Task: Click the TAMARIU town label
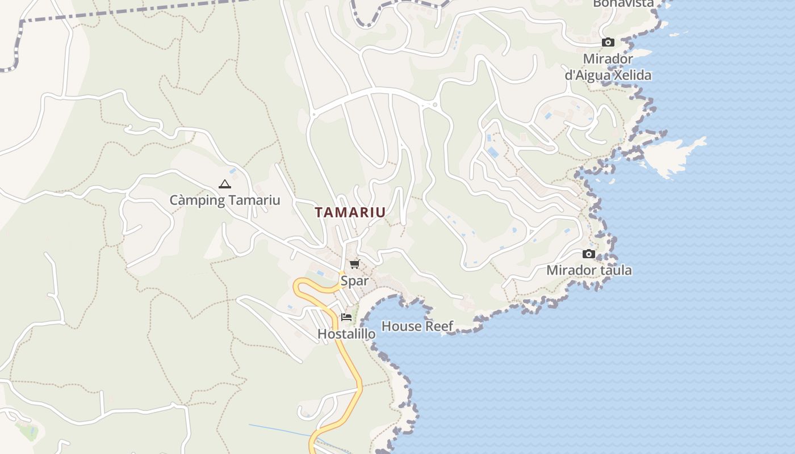(350, 212)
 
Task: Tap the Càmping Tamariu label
(225, 200)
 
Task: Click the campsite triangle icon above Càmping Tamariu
(225, 184)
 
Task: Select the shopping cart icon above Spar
(355, 264)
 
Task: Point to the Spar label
(354, 280)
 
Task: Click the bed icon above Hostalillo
(346, 317)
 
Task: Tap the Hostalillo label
(346, 334)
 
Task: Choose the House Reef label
(417, 326)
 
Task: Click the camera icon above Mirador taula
(589, 254)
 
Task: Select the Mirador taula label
(589, 270)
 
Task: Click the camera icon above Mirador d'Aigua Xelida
(608, 43)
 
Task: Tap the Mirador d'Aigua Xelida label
(608, 67)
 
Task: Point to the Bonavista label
(623, 3)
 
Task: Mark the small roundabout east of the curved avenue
(435, 105)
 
